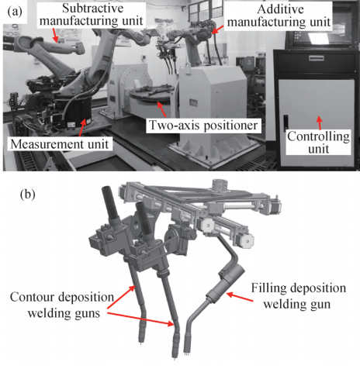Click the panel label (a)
pyautogui.click(x=15, y=12)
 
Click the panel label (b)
pyautogui.click(x=28, y=195)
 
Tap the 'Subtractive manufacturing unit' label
pyautogui.click(x=92, y=15)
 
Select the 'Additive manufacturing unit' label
pyautogui.click(x=279, y=16)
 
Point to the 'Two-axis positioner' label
pyautogui.click(x=203, y=126)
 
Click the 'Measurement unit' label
pyautogui.click(x=60, y=144)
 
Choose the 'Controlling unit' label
pyautogui.click(x=318, y=143)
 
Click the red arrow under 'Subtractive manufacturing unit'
pyautogui.click(x=54, y=34)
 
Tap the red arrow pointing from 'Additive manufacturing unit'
pyautogui.click(x=218, y=29)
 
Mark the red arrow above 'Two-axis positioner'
pyautogui.click(x=162, y=109)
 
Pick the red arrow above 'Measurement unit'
pyautogui.click(x=82, y=128)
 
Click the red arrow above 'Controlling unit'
pyautogui.click(x=320, y=123)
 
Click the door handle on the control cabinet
pyautogui.click(x=286, y=122)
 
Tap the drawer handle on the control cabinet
pyautogui.click(x=317, y=58)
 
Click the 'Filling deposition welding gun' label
pyautogui.click(x=298, y=296)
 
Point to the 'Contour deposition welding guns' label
pyautogui.click(x=62, y=305)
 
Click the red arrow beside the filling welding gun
pyautogui.click(x=240, y=297)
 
